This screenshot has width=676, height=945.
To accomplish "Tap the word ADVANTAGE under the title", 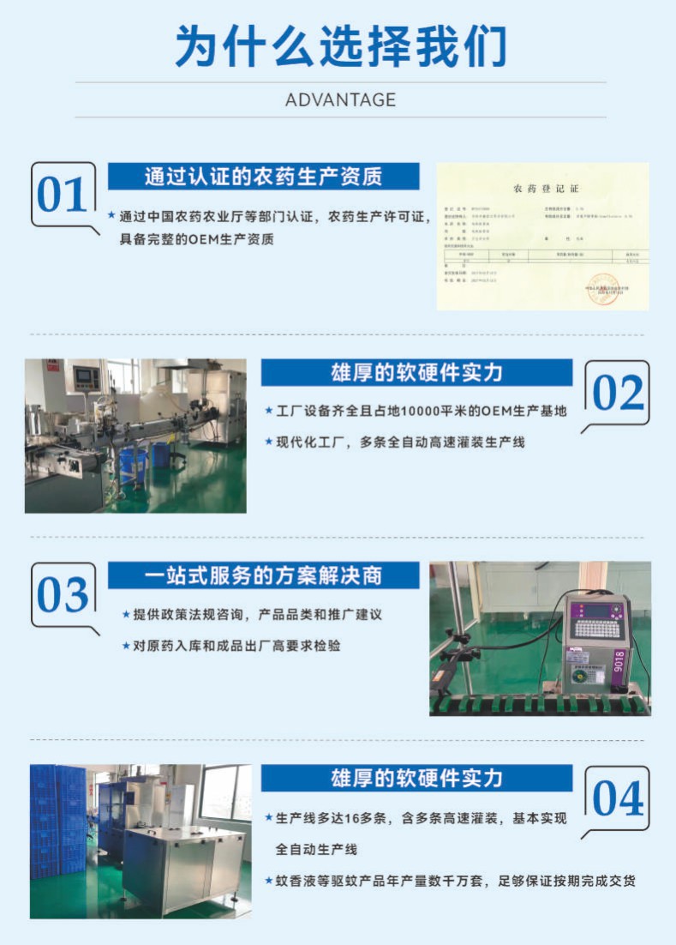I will pos(340,99).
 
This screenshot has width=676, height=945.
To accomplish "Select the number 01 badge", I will pos(63,195).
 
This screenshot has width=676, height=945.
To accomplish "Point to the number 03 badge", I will pos(63,595).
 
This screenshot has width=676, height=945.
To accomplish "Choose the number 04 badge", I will pos(617,798).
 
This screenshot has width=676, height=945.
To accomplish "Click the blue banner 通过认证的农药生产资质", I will pos(263,177).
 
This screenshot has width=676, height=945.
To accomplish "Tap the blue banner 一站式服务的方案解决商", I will pos(263,575).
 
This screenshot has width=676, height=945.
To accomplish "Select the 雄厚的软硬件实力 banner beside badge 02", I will pos(416,373).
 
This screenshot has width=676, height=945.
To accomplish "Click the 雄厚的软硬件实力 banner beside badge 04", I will pos(416,778).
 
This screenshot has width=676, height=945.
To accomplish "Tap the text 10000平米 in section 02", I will pos(426,412).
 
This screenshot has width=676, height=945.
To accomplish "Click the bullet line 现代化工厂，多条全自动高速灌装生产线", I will pos(399,442).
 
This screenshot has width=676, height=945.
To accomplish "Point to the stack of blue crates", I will pos(57,823).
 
